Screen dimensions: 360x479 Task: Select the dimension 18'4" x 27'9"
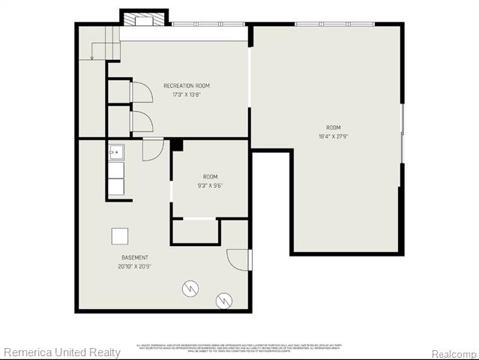333,136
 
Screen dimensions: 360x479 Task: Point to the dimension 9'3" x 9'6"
210,185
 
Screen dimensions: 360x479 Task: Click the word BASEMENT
135,257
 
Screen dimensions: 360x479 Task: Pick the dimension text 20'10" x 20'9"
135,266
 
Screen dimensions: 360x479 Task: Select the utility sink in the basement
115,152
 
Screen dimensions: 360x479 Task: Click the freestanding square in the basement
120,235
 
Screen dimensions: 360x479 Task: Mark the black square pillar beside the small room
177,145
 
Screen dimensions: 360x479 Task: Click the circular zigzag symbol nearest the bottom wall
224,301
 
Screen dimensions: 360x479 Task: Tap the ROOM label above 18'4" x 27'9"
333,127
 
